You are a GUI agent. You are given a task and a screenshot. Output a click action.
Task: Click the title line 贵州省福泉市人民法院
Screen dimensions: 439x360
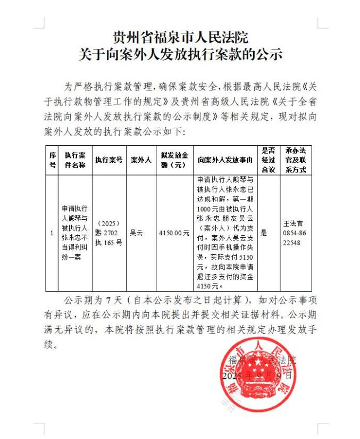click(x=180, y=38)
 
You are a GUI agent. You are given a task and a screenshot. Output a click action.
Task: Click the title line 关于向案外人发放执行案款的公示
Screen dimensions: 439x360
click(x=180, y=54)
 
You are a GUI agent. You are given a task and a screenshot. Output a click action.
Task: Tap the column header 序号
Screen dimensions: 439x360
click(x=52, y=159)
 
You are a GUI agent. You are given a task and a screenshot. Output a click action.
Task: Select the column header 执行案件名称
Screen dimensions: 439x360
click(x=75, y=159)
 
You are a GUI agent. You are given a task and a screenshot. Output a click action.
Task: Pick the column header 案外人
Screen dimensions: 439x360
click(x=141, y=159)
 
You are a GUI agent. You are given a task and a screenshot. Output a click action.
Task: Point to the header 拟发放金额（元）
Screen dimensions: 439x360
click(x=174, y=159)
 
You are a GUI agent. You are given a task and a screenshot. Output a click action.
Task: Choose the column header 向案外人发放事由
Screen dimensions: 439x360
click(x=225, y=159)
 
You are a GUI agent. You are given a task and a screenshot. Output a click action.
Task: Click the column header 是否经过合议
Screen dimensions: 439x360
click(x=268, y=159)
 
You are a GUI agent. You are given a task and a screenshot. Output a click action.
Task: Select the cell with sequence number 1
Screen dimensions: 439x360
click(x=52, y=233)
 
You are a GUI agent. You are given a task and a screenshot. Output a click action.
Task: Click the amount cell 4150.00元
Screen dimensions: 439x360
click(x=174, y=233)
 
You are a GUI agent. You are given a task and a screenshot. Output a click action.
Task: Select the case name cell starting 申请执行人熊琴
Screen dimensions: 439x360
click(x=75, y=233)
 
